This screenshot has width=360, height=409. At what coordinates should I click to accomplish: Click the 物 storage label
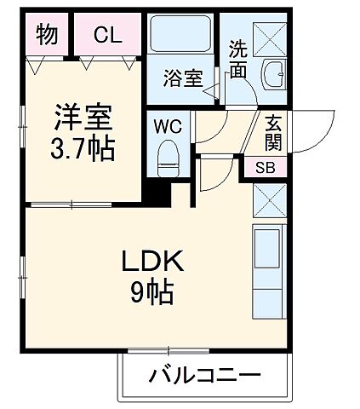click(x=47, y=35)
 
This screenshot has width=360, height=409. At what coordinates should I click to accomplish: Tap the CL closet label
click(x=107, y=35)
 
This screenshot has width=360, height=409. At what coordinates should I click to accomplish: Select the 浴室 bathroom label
click(x=183, y=79)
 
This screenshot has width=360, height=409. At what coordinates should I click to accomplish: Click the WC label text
click(x=167, y=125)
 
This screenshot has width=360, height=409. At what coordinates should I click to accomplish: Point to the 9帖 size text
click(x=153, y=295)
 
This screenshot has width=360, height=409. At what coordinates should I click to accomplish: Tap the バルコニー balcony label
click(x=204, y=376)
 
